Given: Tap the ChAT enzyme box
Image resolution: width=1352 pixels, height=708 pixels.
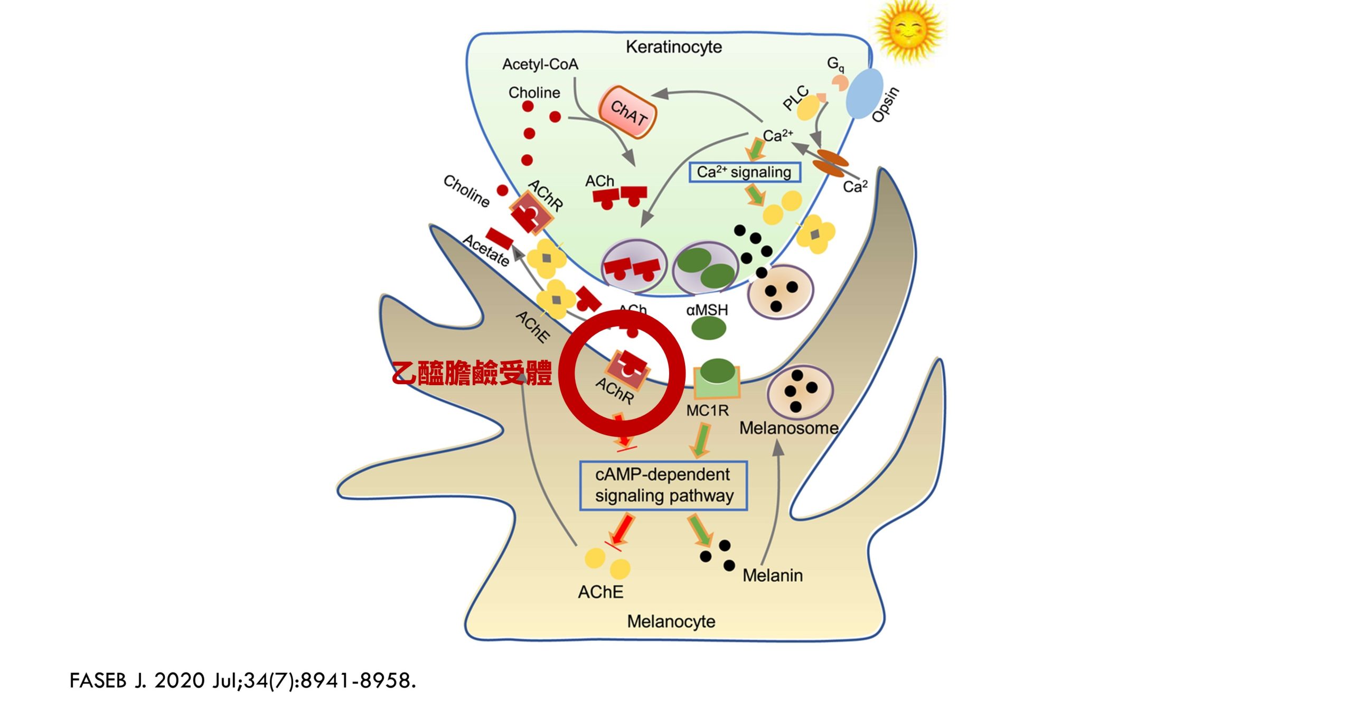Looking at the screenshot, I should click(x=628, y=113).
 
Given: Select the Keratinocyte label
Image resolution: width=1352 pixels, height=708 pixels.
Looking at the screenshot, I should click(x=673, y=47).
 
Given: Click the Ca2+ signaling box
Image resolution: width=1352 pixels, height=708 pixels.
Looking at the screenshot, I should click(x=744, y=172).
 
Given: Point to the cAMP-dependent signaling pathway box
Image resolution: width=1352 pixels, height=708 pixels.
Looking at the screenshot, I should click(x=663, y=486).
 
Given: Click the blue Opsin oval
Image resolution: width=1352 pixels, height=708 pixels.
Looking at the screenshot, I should click(x=865, y=93).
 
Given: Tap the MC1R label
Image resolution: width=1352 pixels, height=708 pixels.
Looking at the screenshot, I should click(x=707, y=411).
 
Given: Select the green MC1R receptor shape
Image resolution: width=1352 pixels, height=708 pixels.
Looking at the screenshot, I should click(x=716, y=381).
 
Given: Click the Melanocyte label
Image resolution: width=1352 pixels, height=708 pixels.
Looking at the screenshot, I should click(x=671, y=621).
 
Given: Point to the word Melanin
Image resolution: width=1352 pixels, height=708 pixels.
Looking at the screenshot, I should click(x=772, y=575).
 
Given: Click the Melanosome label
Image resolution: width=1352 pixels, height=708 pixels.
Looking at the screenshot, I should click(x=788, y=428).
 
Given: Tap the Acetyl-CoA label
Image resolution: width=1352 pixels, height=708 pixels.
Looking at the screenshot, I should click(x=540, y=64).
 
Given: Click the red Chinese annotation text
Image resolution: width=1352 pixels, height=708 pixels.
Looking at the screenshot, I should click(x=472, y=373).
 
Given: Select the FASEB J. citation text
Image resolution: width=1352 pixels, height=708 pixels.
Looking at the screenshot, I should click(x=243, y=681).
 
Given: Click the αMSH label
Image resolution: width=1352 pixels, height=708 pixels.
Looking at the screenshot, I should click(x=707, y=310).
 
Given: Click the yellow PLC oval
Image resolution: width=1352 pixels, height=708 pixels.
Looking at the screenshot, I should click(x=808, y=108).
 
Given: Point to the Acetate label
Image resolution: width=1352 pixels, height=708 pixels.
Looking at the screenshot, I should click(x=486, y=250).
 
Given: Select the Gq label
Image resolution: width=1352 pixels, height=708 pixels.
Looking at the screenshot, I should click(x=835, y=64).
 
